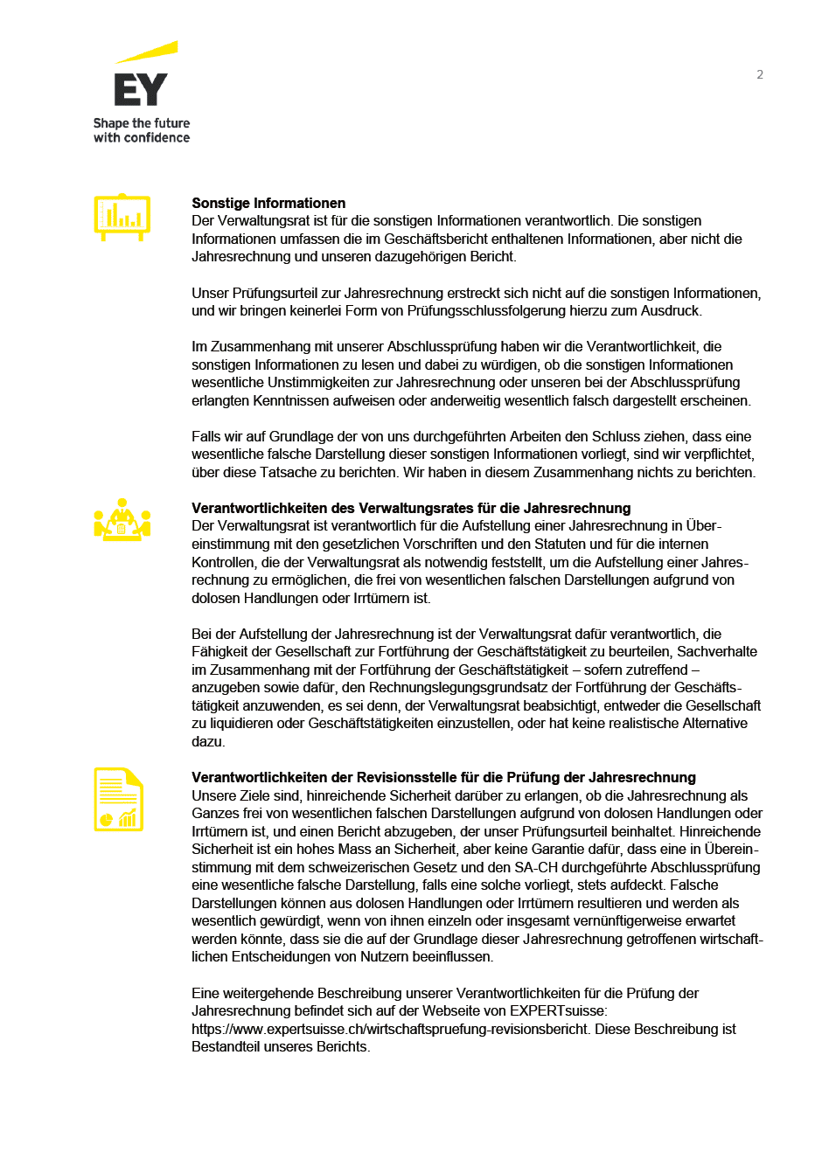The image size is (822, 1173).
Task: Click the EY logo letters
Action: [140, 89]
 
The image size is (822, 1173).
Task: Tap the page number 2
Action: [760, 74]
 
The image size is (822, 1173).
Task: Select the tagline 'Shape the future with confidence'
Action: [142, 130]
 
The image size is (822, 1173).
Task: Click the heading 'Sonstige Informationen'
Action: [268, 203]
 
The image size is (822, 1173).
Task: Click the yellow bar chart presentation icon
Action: [122, 217]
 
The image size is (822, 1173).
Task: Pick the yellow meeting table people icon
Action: [122, 520]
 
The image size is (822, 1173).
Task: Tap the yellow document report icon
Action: [118, 799]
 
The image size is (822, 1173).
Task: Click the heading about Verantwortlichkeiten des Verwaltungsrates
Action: [411, 508]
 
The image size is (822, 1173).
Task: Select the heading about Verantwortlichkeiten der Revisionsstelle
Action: [443, 777]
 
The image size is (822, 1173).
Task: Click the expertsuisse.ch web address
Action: [389, 1029]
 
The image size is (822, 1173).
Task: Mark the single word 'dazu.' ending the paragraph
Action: [208, 742]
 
